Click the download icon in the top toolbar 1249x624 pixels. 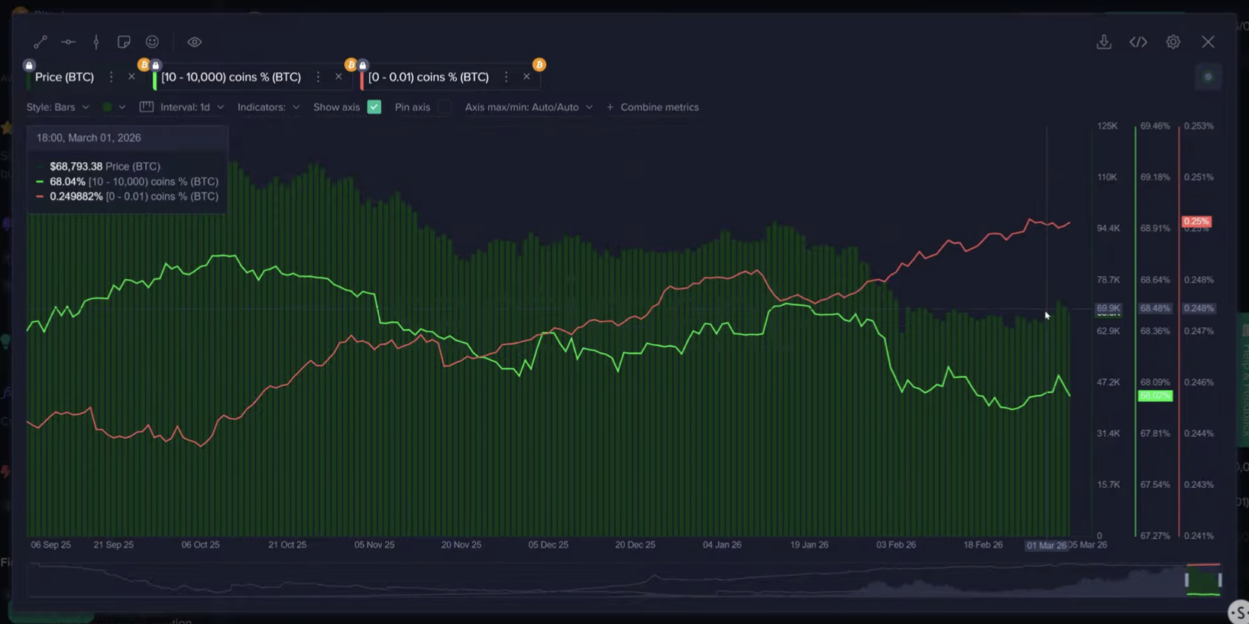(1104, 42)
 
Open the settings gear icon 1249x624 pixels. (1173, 42)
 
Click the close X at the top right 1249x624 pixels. (1208, 42)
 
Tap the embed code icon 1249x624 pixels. (1138, 42)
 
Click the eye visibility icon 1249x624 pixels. (194, 42)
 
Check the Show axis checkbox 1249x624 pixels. (374, 107)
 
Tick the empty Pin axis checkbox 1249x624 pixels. (444, 107)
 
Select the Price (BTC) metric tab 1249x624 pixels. (64, 77)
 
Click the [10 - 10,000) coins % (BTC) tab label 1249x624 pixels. (231, 77)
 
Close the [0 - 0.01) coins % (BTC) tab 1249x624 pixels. (526, 76)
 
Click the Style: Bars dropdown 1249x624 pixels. (58, 107)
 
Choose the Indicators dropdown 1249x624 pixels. (268, 107)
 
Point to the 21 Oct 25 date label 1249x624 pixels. (287, 545)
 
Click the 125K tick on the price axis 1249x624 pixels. (1107, 125)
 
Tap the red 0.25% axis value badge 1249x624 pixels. (1196, 222)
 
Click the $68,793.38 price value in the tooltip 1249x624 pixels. (76, 166)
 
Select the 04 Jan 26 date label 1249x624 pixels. (722, 545)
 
